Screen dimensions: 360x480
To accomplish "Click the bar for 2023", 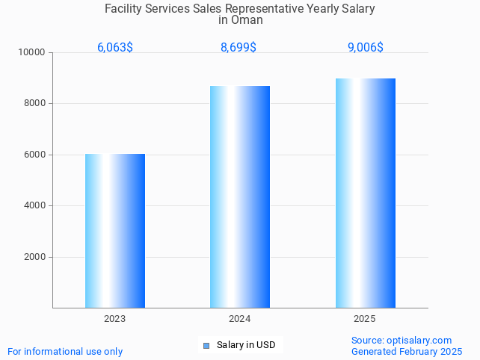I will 115,231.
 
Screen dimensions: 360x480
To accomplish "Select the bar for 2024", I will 240,196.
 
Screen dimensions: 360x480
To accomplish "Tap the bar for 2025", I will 365,193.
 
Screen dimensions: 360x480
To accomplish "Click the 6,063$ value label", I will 115,47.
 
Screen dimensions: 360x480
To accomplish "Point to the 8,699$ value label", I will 239,47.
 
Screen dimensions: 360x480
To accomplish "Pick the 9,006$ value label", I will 366,47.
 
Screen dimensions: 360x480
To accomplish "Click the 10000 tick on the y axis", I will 33,53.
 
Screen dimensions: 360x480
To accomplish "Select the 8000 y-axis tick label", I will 35,104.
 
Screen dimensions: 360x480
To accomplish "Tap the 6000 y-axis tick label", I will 35,155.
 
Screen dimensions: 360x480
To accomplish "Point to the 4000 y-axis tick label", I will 35,205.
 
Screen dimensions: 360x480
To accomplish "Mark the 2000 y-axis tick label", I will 35,257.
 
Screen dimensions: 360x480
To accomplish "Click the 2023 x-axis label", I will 115,319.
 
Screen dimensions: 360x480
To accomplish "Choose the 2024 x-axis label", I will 240,319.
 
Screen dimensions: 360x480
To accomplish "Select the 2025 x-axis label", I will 365,319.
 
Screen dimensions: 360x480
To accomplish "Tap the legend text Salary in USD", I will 246,345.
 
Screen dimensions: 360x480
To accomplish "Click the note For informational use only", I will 65,351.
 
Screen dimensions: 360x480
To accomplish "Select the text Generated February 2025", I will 407,351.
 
